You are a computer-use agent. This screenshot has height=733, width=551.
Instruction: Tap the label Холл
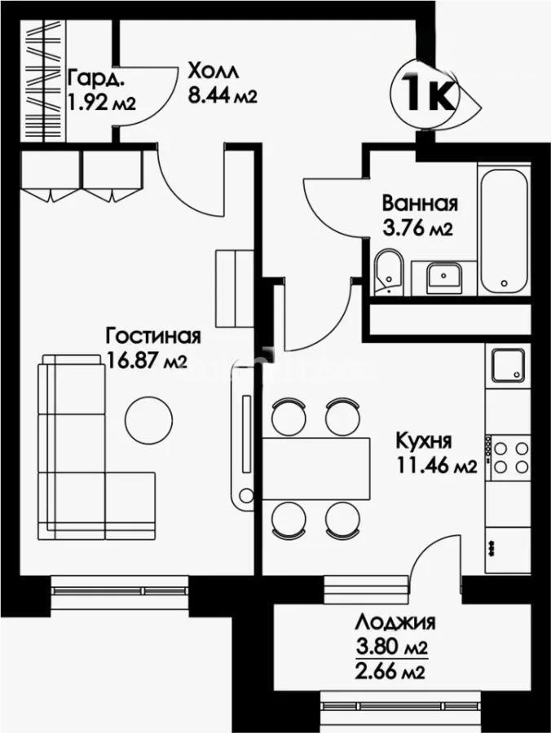pos(209,70)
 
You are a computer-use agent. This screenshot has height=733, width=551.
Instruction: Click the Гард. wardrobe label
pos(97,79)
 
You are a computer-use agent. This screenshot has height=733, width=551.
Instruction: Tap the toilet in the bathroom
pos(389,274)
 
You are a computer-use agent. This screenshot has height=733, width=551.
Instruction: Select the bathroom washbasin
pos(443,278)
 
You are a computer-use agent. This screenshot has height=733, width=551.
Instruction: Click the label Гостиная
pos(153,336)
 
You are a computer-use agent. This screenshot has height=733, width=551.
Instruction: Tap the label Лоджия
pos(394,623)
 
